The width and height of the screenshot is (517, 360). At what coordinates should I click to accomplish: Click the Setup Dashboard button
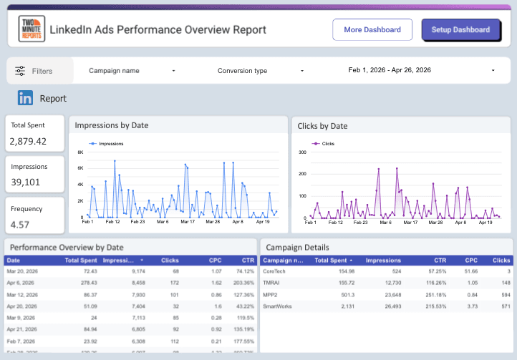point(460,30)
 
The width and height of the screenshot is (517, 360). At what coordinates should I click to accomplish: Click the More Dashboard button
point(372,30)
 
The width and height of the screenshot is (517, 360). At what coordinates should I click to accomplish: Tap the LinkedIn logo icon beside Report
point(26,99)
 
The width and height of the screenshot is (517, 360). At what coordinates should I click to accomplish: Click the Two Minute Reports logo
point(32,30)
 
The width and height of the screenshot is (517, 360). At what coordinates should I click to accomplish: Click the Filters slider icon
point(20,71)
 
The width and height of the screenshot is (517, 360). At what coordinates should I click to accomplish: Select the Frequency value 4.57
point(20,225)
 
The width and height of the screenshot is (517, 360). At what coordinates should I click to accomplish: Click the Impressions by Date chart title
point(112,125)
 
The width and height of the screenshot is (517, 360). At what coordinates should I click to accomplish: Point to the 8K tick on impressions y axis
point(81,152)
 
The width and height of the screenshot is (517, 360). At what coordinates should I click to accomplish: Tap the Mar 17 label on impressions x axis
point(188,222)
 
